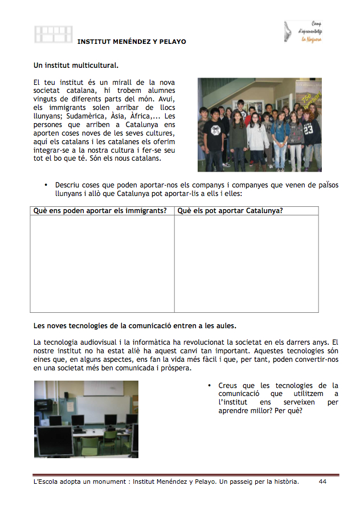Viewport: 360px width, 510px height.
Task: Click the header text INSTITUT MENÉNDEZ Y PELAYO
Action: (x=132, y=42)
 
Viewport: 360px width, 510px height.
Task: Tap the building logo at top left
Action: (x=54, y=34)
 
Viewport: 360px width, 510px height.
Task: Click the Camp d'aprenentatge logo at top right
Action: (x=304, y=32)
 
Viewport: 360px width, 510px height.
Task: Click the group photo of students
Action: (x=259, y=125)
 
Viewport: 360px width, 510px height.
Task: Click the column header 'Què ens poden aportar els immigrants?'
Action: (x=100, y=211)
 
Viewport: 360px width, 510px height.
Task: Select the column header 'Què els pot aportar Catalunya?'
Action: (x=230, y=211)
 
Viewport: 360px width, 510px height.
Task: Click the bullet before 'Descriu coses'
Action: (x=45, y=185)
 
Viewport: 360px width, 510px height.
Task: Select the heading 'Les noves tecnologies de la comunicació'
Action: (x=135, y=326)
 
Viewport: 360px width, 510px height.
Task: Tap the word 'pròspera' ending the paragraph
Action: (x=177, y=368)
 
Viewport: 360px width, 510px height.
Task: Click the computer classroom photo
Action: (x=86, y=419)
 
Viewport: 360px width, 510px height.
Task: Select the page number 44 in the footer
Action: (x=322, y=482)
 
